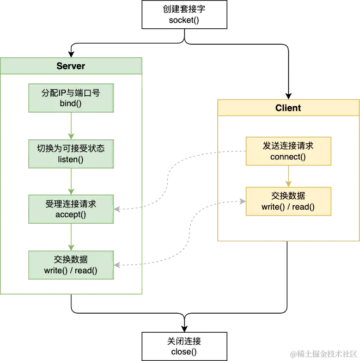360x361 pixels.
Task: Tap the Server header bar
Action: (x=71, y=66)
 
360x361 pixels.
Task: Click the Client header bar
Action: (x=288, y=108)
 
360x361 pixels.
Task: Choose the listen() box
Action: (x=73, y=154)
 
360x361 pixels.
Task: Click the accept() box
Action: (x=71, y=209)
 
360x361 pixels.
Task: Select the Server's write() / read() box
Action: (x=71, y=265)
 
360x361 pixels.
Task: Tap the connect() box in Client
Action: (x=288, y=151)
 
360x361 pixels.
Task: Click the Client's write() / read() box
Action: (x=288, y=201)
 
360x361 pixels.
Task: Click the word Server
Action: (x=71, y=66)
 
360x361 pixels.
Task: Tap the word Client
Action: (x=288, y=108)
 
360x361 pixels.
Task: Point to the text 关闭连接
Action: (x=184, y=341)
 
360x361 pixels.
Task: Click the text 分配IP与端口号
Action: (x=71, y=93)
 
